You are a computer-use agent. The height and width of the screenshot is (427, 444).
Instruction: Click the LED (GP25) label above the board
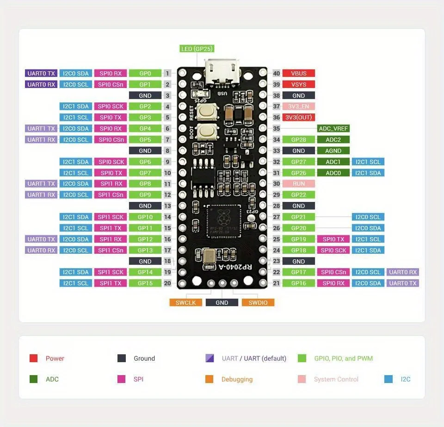[x=197, y=49]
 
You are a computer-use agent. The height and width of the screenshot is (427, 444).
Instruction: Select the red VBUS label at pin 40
[x=298, y=73]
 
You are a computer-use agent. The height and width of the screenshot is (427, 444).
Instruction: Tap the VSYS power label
[x=298, y=84]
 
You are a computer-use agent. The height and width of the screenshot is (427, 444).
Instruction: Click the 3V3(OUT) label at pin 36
[x=298, y=117]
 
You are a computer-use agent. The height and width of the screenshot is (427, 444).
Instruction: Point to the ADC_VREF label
[x=333, y=128]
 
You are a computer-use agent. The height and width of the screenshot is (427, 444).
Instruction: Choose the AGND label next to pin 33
[x=333, y=151]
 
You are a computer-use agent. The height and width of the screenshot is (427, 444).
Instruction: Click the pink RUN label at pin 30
[x=298, y=184]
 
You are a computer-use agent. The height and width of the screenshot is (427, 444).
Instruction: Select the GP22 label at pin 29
[x=298, y=195]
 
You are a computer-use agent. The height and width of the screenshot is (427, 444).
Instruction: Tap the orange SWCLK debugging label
[x=185, y=302]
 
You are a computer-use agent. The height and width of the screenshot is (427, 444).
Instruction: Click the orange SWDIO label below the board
[x=258, y=302]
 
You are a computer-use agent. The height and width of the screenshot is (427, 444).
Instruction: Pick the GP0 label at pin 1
[x=145, y=73]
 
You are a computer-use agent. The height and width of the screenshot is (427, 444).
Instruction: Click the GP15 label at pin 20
[x=145, y=283]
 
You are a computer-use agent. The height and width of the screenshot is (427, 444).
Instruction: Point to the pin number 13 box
[x=167, y=206]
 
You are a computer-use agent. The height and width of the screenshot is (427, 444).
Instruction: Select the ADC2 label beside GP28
[x=333, y=139]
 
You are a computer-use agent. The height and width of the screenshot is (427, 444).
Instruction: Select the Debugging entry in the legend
[x=237, y=379]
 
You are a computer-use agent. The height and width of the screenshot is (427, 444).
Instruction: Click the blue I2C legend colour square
[x=388, y=379]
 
